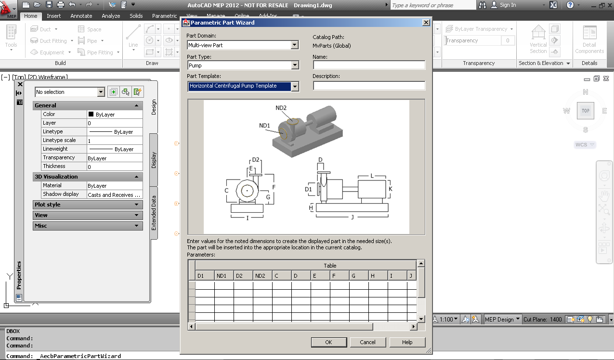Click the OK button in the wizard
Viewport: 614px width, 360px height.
(328, 342)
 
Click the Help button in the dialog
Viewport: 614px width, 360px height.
(407, 342)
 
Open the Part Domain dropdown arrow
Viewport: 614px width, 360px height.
(295, 45)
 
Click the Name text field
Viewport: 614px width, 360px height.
(369, 65)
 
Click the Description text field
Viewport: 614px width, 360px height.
(369, 86)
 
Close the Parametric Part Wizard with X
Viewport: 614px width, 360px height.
(426, 23)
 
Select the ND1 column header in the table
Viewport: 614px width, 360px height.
(224, 276)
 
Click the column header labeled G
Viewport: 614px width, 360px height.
(359, 276)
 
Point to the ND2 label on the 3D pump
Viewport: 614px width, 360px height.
(281, 108)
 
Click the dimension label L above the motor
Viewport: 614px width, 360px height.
(372, 176)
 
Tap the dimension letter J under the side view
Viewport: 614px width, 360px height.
(352, 218)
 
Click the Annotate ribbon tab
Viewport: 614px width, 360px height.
(81, 16)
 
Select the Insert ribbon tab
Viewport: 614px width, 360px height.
(53, 16)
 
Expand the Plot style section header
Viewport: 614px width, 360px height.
(88, 205)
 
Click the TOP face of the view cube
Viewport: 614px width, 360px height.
(585, 111)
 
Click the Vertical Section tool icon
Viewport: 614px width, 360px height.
(538, 34)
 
